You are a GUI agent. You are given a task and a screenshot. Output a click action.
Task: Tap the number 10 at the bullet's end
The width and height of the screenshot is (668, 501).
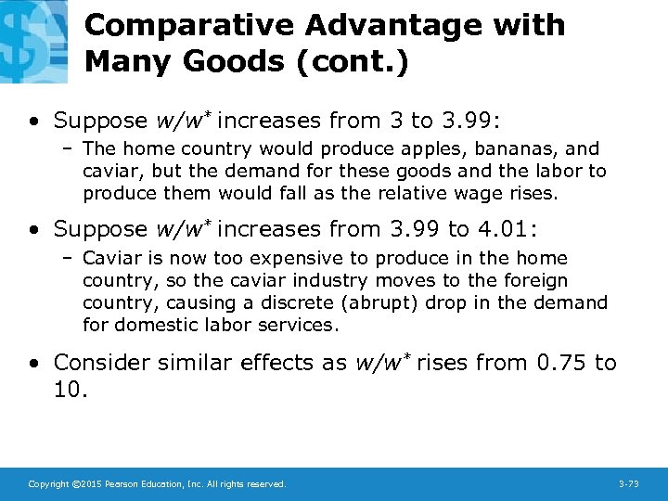coord(67,391)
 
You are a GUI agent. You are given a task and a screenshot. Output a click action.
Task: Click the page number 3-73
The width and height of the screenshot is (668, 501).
coord(628,484)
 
